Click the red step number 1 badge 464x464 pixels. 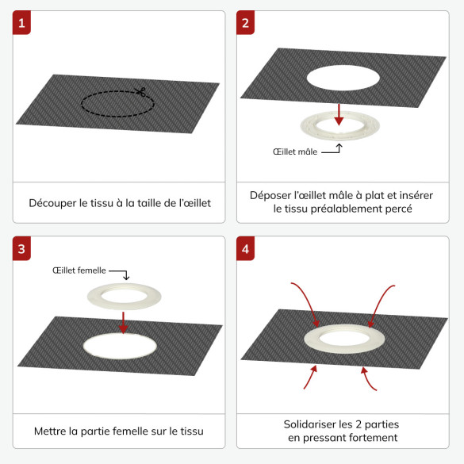(x=21, y=22)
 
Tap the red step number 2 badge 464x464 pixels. (x=245, y=22)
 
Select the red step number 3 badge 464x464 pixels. (x=21, y=248)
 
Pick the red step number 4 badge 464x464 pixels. (x=245, y=248)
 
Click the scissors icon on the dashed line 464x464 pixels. (x=140, y=91)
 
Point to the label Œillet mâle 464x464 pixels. (x=295, y=151)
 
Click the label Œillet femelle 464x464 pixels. (x=79, y=270)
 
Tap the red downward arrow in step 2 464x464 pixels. (x=339, y=115)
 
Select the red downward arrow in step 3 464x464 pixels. (x=123, y=323)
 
